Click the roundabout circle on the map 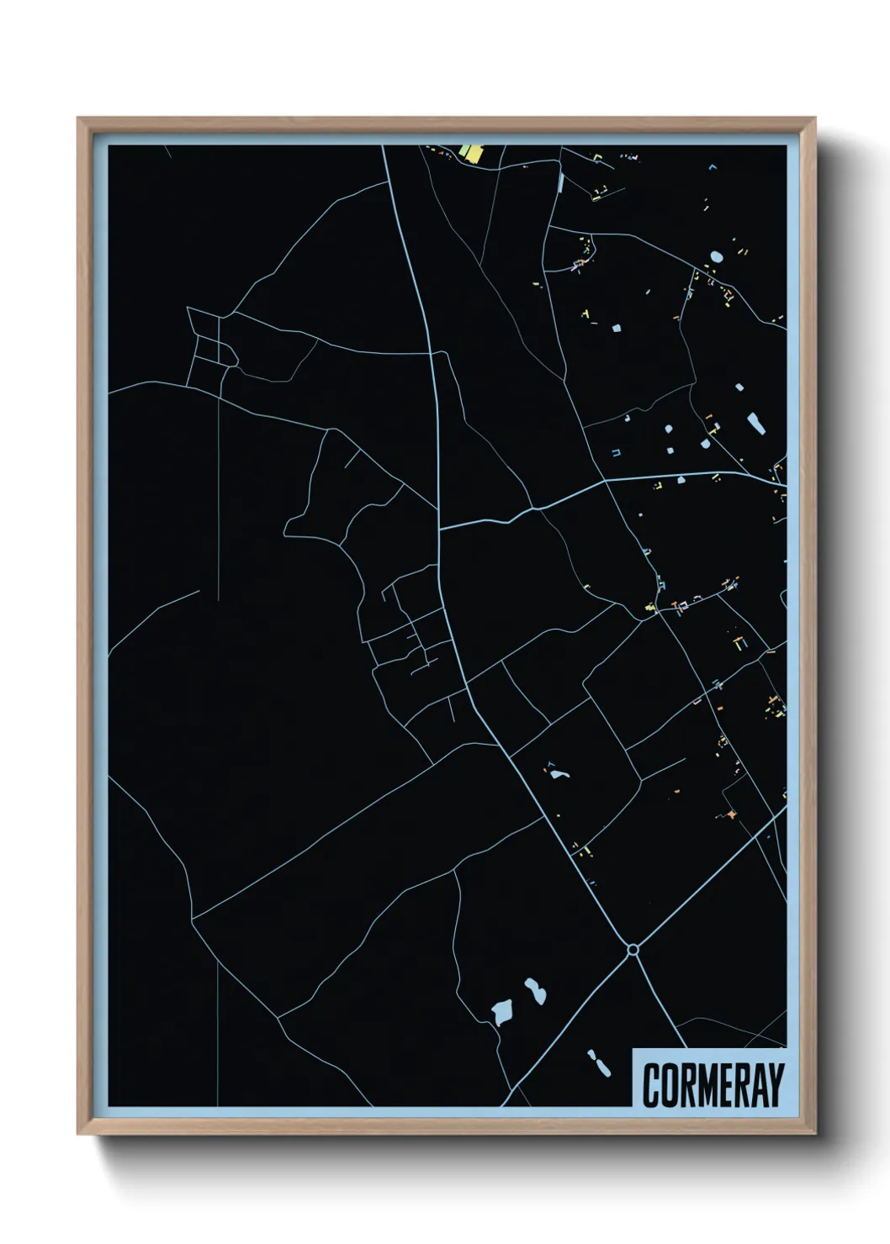pos(633,949)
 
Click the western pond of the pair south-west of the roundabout pos(503,1012)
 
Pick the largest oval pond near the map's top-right pos(716,256)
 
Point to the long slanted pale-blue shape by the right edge pos(755,422)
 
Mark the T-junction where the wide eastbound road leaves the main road pos(440,529)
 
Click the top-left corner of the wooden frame pos(78,119)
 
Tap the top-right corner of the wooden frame pos(817,119)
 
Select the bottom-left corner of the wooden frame pos(78,1134)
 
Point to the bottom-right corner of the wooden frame pos(817,1134)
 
